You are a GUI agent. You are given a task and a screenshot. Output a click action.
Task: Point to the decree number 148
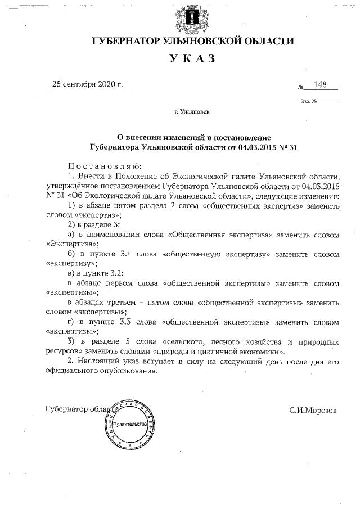tap(321, 85)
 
